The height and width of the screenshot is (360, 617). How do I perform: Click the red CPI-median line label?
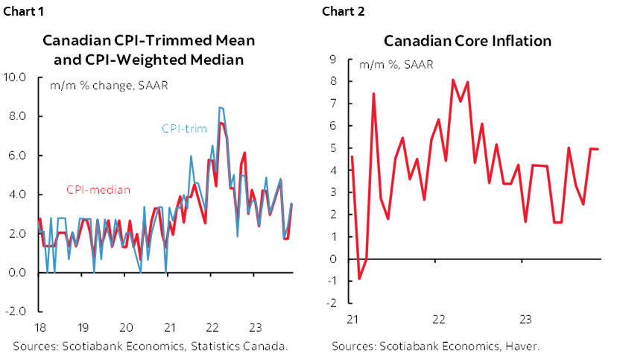point(98,190)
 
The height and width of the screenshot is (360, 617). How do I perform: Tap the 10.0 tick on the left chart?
point(16,77)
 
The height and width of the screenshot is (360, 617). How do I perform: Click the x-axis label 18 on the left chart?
point(39,326)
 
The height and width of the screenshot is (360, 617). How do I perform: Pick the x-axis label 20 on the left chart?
point(126,326)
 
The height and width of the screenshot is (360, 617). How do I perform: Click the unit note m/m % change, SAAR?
point(109,84)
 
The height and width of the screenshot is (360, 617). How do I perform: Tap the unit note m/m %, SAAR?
point(396,66)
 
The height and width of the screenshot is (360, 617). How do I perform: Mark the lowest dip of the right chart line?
point(359,280)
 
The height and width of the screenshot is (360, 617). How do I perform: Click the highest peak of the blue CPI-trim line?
point(219,107)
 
